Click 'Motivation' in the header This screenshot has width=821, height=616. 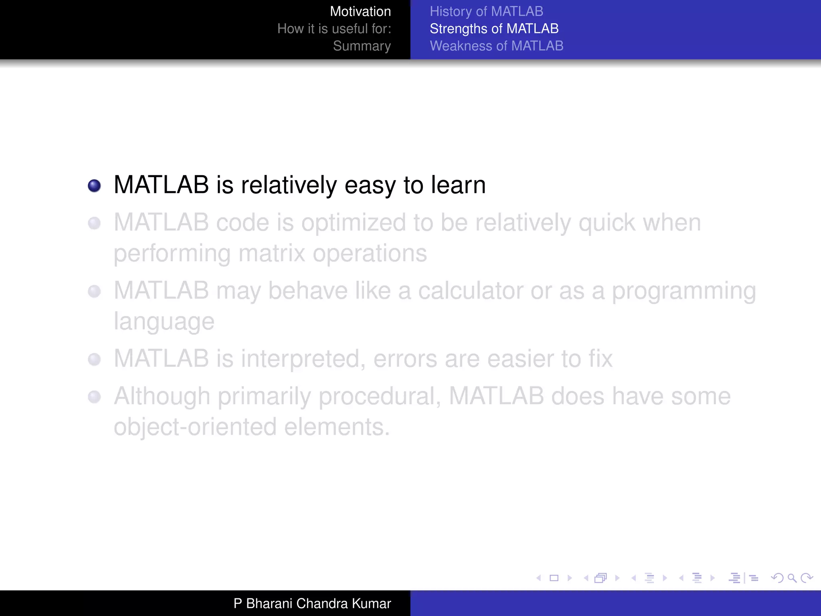point(360,12)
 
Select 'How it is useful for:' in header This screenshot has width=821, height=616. point(334,29)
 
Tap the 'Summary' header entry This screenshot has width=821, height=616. point(362,46)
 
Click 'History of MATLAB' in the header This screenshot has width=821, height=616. point(486,12)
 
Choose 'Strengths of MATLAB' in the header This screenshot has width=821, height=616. point(494,29)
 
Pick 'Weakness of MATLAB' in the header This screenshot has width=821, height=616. point(496,46)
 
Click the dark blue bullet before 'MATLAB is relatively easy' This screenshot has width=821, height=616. point(94,186)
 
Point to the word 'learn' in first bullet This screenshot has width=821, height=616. point(458,185)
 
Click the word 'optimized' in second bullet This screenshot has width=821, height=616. point(354,223)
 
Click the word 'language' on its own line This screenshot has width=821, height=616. point(164,322)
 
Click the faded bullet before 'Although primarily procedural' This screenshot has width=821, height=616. point(94,397)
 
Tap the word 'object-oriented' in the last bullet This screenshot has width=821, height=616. point(195,427)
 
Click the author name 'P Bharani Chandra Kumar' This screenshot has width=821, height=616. point(312,604)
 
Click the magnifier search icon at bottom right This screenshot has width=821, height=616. point(792,578)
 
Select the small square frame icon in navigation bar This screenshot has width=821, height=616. point(554,578)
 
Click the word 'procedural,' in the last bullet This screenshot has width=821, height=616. point(380,397)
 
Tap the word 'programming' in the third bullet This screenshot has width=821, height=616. point(683,292)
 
